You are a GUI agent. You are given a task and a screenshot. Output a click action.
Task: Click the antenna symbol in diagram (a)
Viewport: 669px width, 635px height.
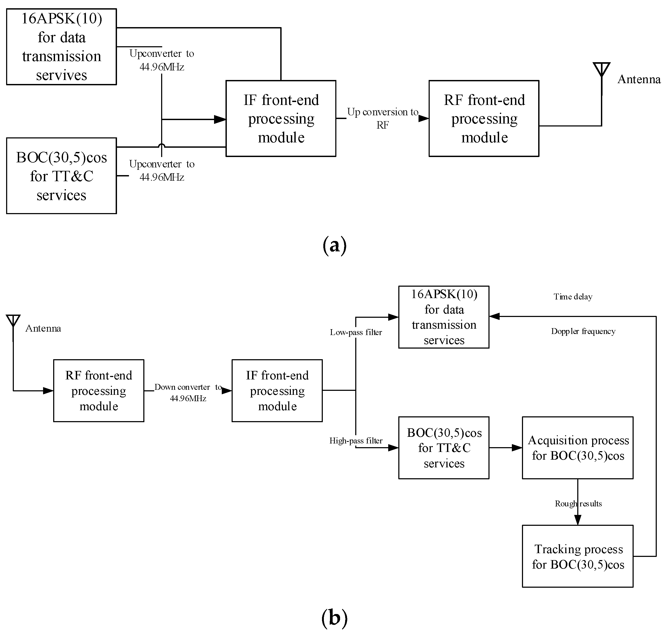tap(601, 70)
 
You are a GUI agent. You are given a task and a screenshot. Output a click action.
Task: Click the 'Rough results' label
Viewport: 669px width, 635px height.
tap(578, 504)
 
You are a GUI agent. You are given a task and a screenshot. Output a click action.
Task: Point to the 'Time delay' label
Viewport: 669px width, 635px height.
tap(573, 297)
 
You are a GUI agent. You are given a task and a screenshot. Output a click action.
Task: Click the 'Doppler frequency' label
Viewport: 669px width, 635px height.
tap(583, 331)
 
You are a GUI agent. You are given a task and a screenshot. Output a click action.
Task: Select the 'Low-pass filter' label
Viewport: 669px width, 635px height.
tap(356, 332)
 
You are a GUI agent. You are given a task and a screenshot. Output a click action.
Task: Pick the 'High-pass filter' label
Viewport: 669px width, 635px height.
tap(356, 441)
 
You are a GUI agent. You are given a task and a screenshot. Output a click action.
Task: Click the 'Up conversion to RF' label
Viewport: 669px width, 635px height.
tap(382, 118)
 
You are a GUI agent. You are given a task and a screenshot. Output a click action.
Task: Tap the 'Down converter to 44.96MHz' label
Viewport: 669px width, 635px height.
tap(188, 392)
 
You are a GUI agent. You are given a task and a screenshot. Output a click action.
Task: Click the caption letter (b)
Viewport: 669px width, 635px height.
tap(334, 617)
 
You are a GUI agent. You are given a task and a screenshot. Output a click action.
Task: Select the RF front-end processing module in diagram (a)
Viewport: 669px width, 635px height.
tap(484, 118)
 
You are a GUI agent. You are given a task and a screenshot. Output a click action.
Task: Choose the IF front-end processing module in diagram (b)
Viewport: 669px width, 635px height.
tap(277, 391)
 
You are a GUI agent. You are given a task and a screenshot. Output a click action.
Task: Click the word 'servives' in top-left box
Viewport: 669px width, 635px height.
tap(61, 75)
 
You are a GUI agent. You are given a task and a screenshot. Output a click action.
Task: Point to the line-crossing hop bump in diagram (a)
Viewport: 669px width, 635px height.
tap(162, 146)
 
